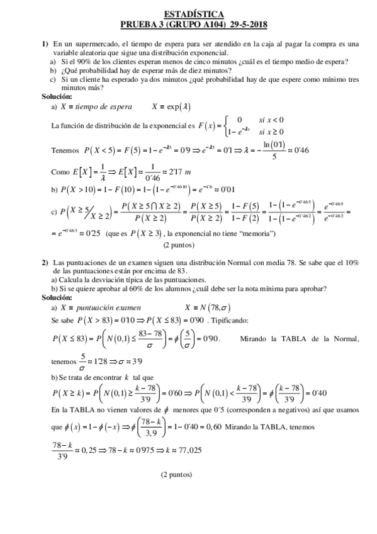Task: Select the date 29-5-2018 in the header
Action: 246,24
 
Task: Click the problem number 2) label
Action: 45,262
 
